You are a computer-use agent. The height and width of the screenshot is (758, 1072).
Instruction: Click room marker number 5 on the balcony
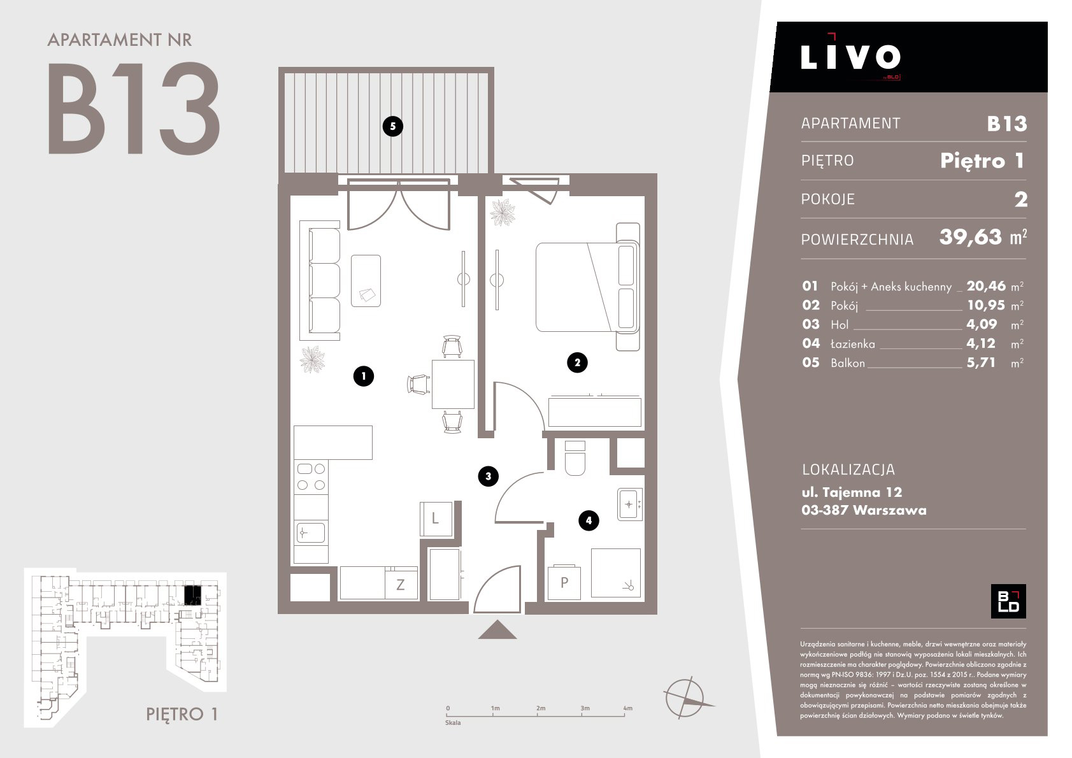392,126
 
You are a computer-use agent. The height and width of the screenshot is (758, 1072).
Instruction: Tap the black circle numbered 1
363,376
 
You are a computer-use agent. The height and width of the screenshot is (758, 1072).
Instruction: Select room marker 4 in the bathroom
588,520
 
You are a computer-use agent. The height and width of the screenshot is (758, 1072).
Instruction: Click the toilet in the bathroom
575,458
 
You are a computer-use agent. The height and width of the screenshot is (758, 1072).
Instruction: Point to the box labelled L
436,518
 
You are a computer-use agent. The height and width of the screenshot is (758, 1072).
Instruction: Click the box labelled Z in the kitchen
401,583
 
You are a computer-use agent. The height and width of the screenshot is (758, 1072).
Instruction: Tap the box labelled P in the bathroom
564,582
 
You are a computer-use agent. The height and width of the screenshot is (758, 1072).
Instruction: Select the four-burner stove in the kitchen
311,477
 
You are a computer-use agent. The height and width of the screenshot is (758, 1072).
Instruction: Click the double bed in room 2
588,287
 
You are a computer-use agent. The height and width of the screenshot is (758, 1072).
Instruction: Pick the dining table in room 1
453,384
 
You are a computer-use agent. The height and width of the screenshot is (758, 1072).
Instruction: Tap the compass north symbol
687,697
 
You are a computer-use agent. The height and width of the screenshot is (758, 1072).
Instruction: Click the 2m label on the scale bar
541,708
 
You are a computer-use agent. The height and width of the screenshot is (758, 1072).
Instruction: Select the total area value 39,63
971,237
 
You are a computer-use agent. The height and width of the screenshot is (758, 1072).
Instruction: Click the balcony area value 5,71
980,362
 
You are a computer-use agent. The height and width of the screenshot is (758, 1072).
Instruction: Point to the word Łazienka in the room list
852,343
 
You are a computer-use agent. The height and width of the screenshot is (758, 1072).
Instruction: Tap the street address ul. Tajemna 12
852,492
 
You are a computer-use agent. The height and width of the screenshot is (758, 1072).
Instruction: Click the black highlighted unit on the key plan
192,595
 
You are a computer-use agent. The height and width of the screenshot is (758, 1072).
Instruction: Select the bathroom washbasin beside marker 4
629,504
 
